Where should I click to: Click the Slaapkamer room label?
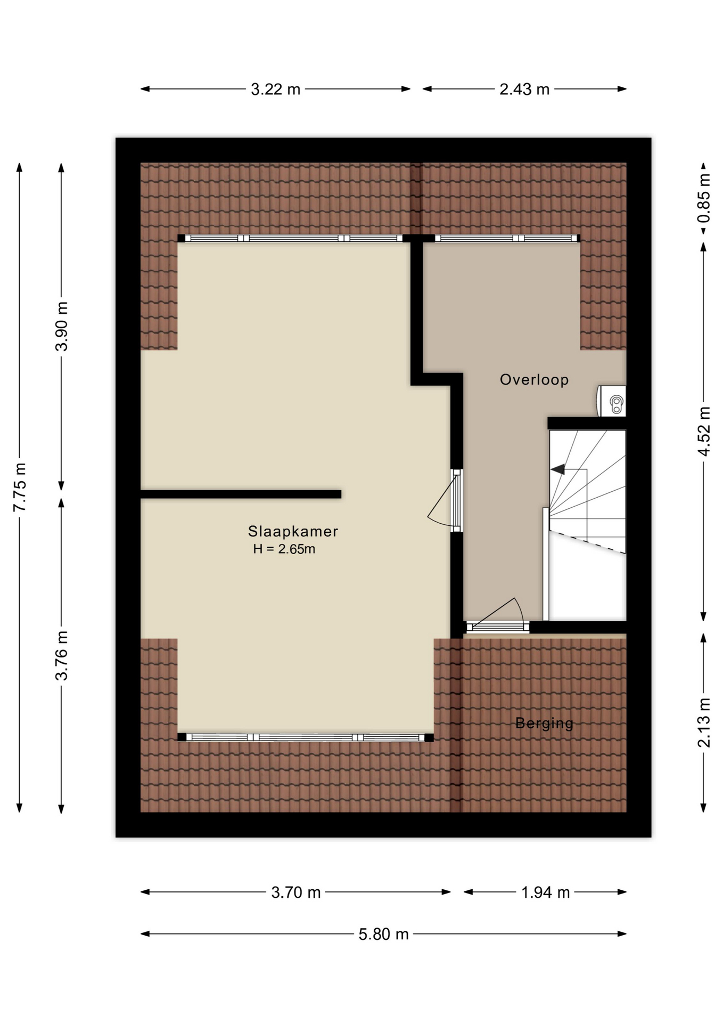tap(293, 531)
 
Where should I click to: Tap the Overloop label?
tap(534, 379)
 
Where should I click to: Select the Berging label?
tap(544, 723)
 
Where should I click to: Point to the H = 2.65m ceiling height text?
tap(284, 549)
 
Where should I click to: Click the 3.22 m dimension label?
tap(276, 89)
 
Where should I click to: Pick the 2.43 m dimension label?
tap(524, 89)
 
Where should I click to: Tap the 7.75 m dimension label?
tap(20, 488)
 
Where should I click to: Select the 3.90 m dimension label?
tap(62, 327)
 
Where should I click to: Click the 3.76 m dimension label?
tap(62, 656)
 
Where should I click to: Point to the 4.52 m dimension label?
tap(704, 432)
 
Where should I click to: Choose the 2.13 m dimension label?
tap(704, 723)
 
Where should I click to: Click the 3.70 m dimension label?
tap(296, 892)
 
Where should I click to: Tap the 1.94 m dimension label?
tap(546, 892)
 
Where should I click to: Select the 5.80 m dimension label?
tap(383, 935)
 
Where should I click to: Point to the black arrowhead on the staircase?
tap(558, 469)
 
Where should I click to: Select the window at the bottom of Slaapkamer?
tap(306, 737)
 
